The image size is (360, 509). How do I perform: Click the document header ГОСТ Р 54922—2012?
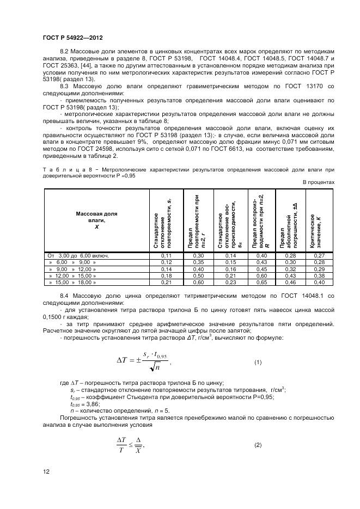pyautogui.click(x=72, y=38)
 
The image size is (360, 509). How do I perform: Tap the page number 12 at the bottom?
pyautogui.click(x=46, y=471)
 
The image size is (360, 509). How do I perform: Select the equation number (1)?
pyautogui.click(x=258, y=362)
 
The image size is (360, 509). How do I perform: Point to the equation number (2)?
pyautogui.click(x=258, y=445)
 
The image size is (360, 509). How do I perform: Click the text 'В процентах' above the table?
pyautogui.click(x=319, y=182)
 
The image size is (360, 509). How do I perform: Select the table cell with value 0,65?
pyautogui.click(x=263, y=283)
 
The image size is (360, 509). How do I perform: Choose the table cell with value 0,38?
pyautogui.click(x=319, y=275)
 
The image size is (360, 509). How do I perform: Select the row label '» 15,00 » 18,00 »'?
pyautogui.click(x=73, y=283)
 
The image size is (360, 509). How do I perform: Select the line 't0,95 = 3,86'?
pyautogui.click(x=84, y=404)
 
